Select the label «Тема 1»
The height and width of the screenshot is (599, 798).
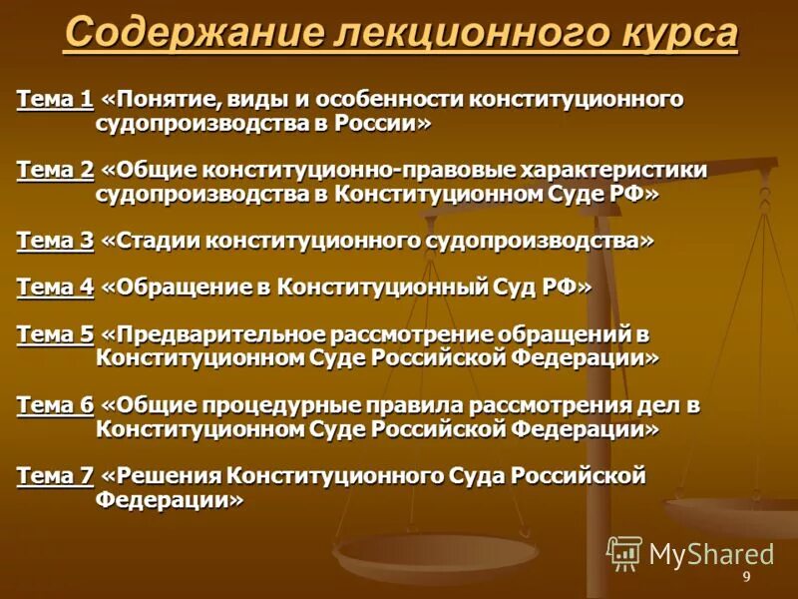tap(55, 100)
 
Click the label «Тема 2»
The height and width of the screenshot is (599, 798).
tap(55, 170)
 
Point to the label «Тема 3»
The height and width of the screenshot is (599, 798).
tap(55, 240)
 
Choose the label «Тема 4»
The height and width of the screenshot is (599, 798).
tap(55, 288)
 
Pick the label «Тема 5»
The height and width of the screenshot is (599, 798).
tap(55, 334)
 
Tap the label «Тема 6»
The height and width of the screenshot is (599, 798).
tap(55, 404)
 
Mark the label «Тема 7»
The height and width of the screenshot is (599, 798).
tap(55, 475)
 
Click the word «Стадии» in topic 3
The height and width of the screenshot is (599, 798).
tap(151, 240)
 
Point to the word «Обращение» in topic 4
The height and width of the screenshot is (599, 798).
tap(176, 288)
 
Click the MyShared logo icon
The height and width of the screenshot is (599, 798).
tap(624, 552)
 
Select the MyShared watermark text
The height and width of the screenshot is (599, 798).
tap(711, 554)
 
